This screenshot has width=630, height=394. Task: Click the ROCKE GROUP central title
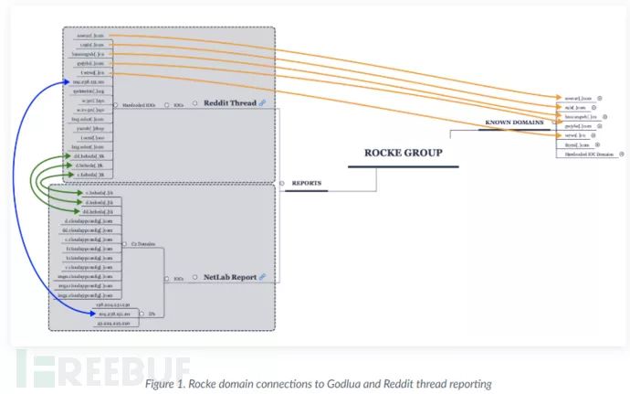403,153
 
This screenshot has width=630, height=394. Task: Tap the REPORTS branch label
307,183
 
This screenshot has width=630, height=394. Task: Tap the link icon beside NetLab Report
262,276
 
